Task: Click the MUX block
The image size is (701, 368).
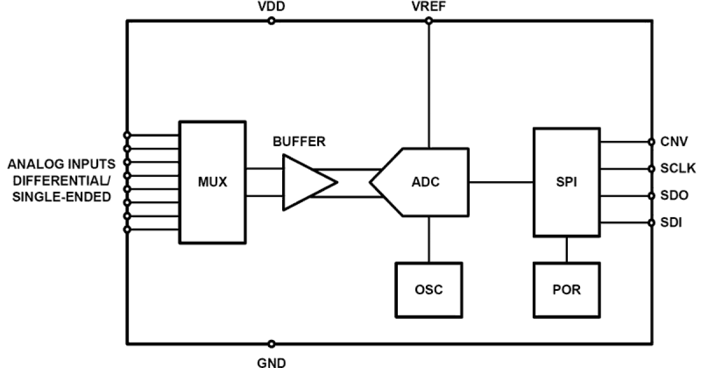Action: (x=212, y=182)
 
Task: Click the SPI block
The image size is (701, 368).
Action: (x=566, y=182)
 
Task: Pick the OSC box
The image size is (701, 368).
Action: (x=429, y=290)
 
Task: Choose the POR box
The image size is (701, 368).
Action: (x=566, y=290)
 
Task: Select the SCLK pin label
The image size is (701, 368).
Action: (x=677, y=169)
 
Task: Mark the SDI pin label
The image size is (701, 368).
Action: (x=672, y=223)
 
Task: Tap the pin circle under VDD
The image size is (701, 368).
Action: (x=271, y=21)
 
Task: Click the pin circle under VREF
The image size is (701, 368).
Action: (x=429, y=21)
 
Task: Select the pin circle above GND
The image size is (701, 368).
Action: (x=271, y=344)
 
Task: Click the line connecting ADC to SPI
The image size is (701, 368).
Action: (x=501, y=182)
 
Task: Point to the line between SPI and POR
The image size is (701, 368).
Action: (x=566, y=249)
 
